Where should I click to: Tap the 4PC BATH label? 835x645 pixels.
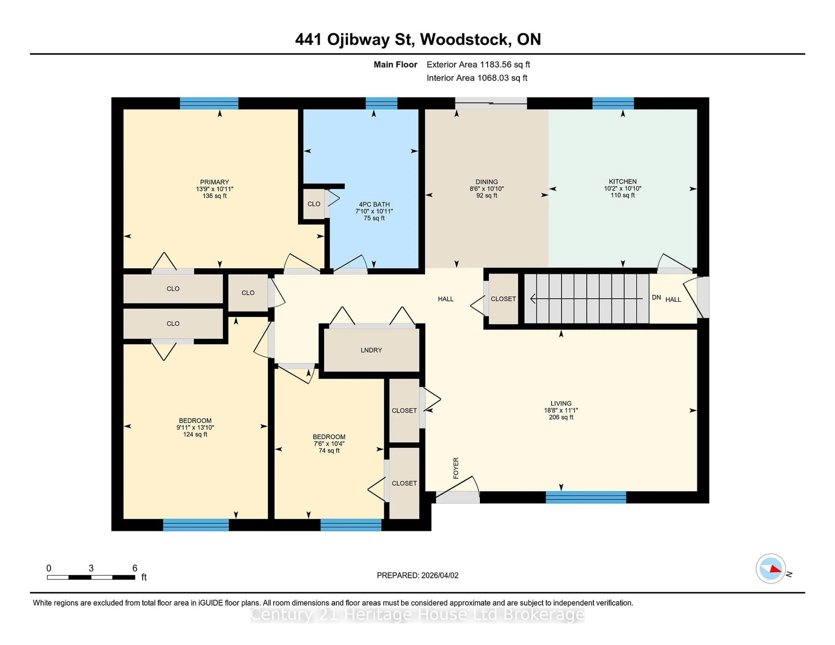374,204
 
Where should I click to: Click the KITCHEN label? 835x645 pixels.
622,181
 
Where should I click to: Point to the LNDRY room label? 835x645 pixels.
371,350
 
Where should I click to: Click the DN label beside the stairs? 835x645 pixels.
656,297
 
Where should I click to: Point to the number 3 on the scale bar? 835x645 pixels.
91,568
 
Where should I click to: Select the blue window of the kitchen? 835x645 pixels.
613,103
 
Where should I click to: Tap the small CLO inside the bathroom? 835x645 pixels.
314,204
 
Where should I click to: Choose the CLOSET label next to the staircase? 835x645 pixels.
503,299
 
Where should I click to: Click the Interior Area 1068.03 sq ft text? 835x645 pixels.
477,78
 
